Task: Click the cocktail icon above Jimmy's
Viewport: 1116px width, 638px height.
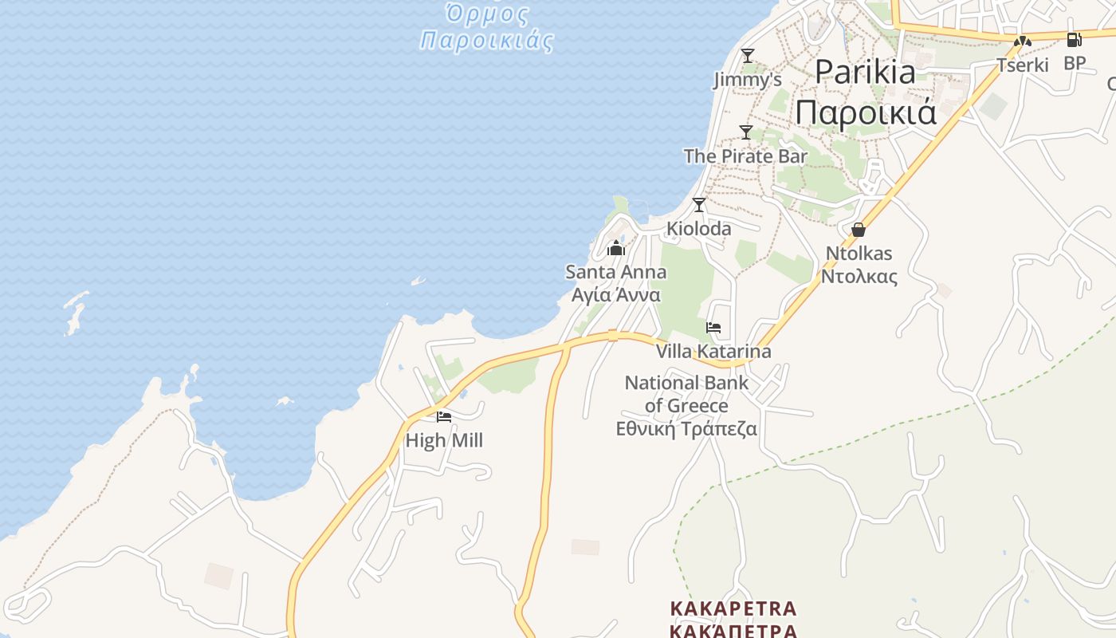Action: coord(747,56)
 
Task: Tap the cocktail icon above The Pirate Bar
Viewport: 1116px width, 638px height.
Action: coord(745,132)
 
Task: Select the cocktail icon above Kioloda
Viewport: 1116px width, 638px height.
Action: coord(699,205)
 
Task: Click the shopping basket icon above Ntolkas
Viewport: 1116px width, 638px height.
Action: coord(859,230)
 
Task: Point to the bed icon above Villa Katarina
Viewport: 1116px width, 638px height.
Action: coord(713,328)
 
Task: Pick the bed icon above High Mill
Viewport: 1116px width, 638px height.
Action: coord(444,416)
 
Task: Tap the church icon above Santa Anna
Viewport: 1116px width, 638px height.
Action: coord(615,248)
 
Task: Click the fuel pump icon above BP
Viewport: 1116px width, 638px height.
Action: coord(1074,40)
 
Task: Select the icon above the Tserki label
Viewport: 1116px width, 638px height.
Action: coord(1023,41)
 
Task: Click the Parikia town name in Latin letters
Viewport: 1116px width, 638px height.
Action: coord(865,73)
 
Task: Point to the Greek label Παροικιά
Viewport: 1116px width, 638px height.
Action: coord(865,113)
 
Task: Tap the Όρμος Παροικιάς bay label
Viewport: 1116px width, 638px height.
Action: coord(486,27)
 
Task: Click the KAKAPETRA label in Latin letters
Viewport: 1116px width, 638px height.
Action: coord(733,609)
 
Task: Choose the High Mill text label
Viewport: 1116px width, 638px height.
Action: coord(444,440)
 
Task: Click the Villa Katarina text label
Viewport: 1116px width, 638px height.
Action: coord(713,352)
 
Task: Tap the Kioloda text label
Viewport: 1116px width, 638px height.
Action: coord(698,229)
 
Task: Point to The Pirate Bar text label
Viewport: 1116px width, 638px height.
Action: coord(745,156)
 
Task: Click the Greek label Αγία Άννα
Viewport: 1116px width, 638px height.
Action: coord(615,295)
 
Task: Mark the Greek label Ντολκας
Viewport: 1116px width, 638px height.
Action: coord(859,277)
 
